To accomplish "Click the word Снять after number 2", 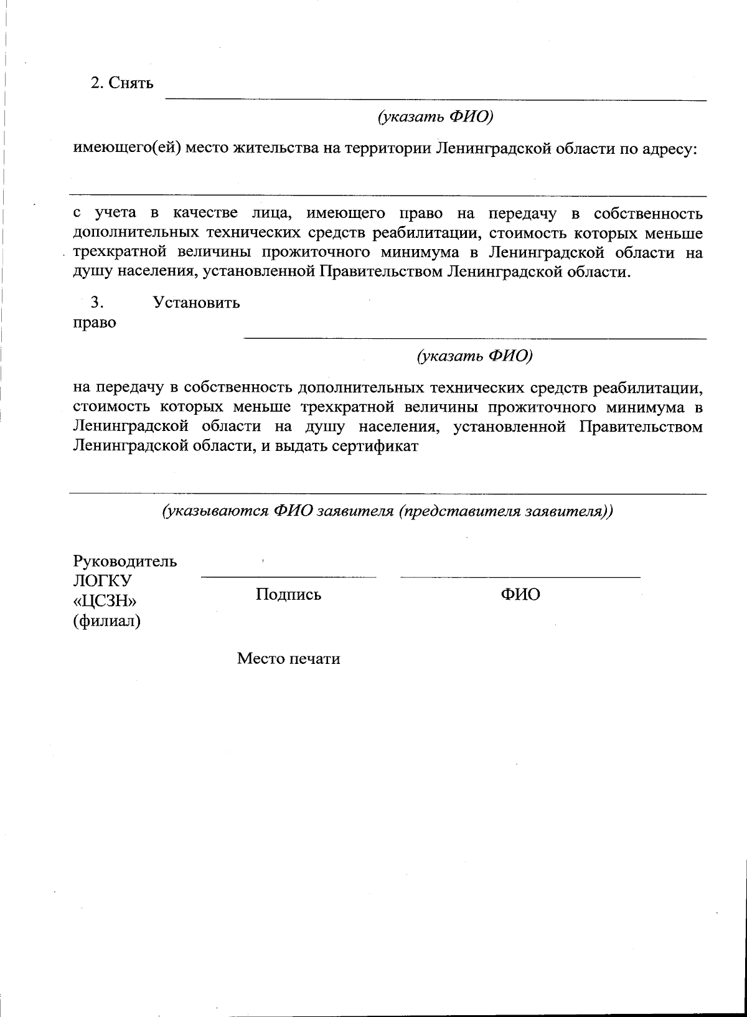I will click(131, 83).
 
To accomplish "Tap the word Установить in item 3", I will click(196, 303).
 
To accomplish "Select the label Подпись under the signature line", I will click(288, 594).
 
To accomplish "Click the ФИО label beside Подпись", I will click(520, 594).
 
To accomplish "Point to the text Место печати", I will click(288, 658).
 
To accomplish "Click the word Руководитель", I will click(125, 561).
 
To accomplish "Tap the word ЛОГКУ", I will click(103, 581).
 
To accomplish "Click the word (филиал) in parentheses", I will click(106, 621).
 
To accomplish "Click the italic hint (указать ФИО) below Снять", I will click(436, 116).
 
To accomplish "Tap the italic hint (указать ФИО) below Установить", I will click(475, 356).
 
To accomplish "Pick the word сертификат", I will click(377, 447).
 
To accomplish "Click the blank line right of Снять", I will click(436, 99).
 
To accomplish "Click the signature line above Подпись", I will click(288, 577).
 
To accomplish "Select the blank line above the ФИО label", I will click(520, 577).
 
